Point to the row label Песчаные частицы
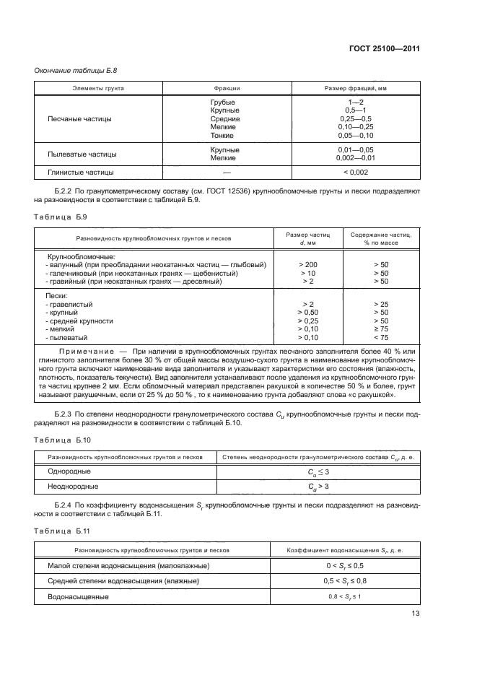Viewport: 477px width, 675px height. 79,119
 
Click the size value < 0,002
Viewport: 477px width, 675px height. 355,172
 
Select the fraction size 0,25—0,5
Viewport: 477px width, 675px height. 355,119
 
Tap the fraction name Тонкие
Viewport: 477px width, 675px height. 222,135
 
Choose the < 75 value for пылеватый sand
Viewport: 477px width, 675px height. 381,337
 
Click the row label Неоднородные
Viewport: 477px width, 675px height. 69,487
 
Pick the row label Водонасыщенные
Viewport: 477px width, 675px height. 77,596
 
